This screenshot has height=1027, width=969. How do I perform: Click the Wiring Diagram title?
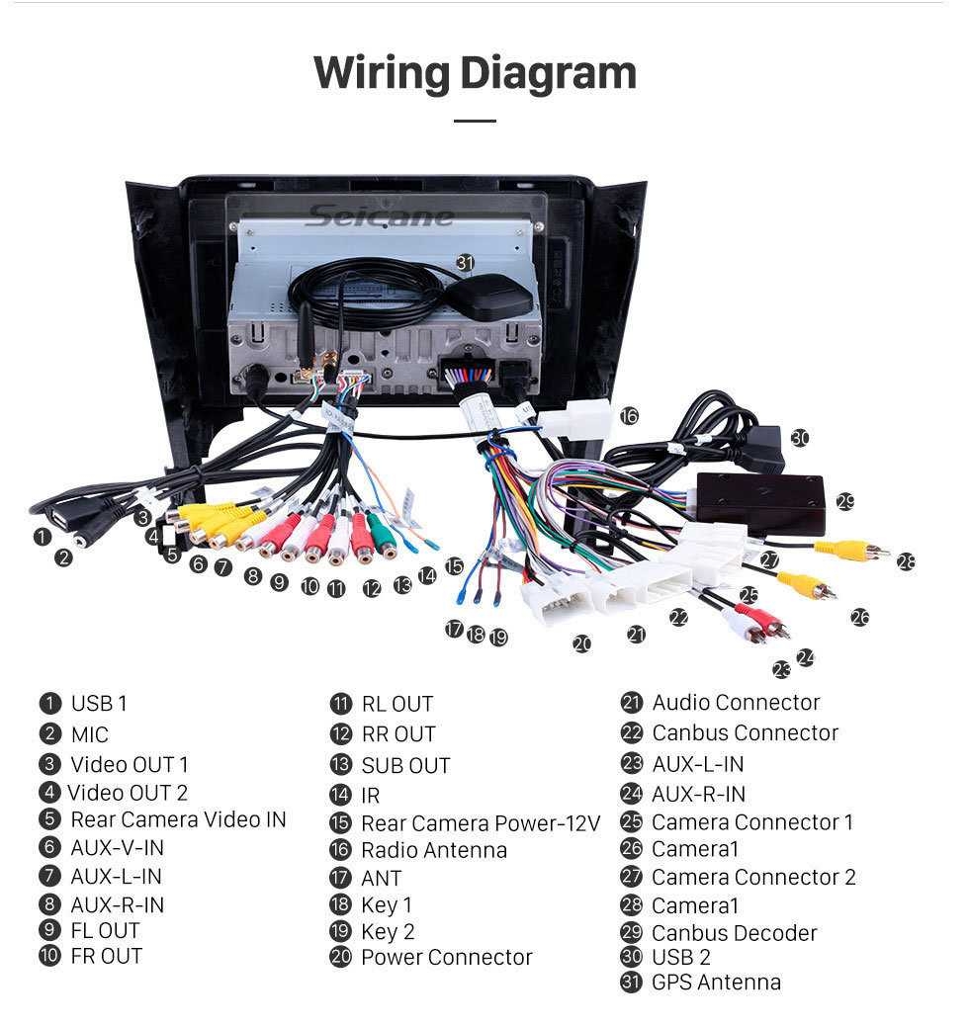(x=475, y=74)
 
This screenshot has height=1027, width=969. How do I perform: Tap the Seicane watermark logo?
(x=380, y=215)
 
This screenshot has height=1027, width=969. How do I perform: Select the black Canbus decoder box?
(x=760, y=502)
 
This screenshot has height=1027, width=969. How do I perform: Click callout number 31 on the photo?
(x=465, y=263)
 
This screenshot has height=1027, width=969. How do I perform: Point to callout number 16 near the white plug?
(x=629, y=416)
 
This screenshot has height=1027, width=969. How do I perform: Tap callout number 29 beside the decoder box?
(x=844, y=502)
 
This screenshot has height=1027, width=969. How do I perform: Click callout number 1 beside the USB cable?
(x=42, y=537)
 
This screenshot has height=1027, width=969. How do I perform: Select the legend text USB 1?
(x=98, y=704)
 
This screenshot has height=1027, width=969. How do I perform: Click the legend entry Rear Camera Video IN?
(x=178, y=819)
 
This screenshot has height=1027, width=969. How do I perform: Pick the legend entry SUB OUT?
(x=404, y=766)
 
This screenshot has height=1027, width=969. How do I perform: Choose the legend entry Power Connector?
(x=446, y=957)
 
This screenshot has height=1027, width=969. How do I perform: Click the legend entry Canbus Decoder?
(x=734, y=933)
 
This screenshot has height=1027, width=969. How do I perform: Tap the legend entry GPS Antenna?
(x=716, y=983)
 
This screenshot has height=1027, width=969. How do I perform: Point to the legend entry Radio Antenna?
(x=433, y=850)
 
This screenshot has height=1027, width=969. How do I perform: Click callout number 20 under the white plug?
(x=581, y=644)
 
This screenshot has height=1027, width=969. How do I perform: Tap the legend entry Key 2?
(x=388, y=932)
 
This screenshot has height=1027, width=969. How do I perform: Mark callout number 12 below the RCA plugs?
(x=371, y=589)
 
